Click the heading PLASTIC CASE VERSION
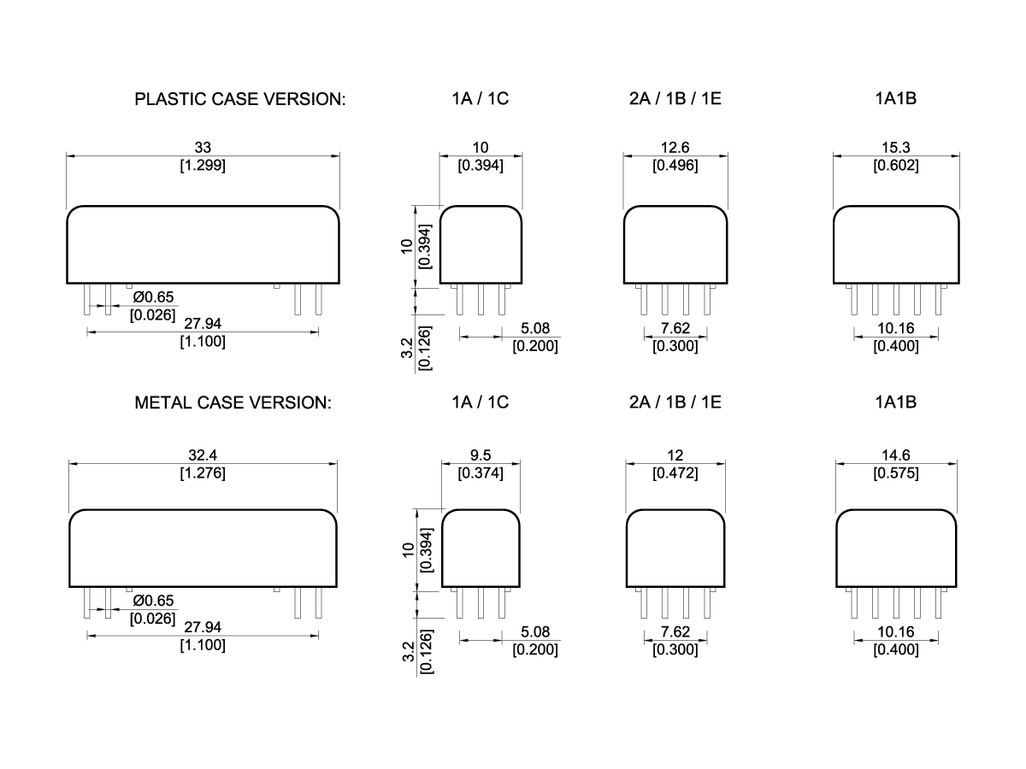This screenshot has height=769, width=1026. [x=240, y=99]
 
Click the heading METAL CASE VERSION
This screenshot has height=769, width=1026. [x=233, y=402]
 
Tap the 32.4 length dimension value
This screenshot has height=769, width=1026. [x=203, y=455]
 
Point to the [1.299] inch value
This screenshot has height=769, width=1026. [x=203, y=166]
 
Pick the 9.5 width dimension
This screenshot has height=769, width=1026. [x=481, y=455]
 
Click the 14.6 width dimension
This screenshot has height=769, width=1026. [x=895, y=455]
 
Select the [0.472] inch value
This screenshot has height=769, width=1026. [x=675, y=473]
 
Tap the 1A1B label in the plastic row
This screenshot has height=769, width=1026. [x=895, y=99]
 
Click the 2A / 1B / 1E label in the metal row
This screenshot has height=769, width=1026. [x=675, y=402]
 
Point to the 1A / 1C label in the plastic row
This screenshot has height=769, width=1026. [x=481, y=99]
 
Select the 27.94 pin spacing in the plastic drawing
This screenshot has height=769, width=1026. [x=203, y=324]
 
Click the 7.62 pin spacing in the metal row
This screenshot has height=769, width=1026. [x=675, y=632]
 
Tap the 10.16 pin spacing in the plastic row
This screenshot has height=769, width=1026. [x=895, y=329]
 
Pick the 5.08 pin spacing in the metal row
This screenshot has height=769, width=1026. [x=534, y=632]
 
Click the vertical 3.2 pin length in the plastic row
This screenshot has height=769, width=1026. [x=408, y=348]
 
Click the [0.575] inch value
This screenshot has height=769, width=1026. [x=895, y=473]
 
